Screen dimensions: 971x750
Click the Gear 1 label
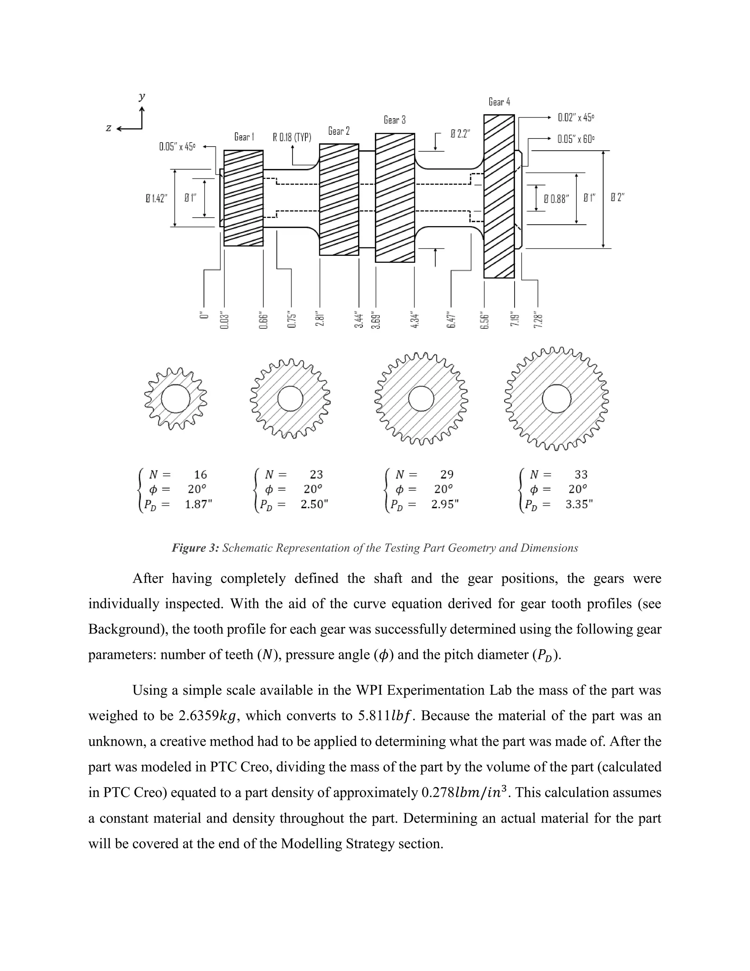coord(244,137)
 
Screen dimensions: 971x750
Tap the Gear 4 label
coord(499,102)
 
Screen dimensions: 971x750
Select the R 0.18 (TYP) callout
coord(292,137)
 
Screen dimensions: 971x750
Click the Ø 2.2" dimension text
coord(460,134)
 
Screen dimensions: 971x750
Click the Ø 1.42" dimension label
coord(156,198)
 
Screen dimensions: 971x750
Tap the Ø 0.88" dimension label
coord(556,199)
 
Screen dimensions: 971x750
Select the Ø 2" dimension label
coord(617,197)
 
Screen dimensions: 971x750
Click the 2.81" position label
coord(319,319)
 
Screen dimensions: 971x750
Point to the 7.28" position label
coord(538,320)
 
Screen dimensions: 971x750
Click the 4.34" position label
coord(415,320)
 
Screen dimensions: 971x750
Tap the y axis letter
coord(142,96)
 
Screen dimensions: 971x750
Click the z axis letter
coord(108,128)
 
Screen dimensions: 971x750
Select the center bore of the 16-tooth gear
coord(175,398)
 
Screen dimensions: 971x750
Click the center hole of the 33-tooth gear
coord(557,399)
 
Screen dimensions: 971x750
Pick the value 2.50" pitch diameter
coord(314,504)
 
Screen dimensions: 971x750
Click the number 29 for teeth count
coord(446,475)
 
